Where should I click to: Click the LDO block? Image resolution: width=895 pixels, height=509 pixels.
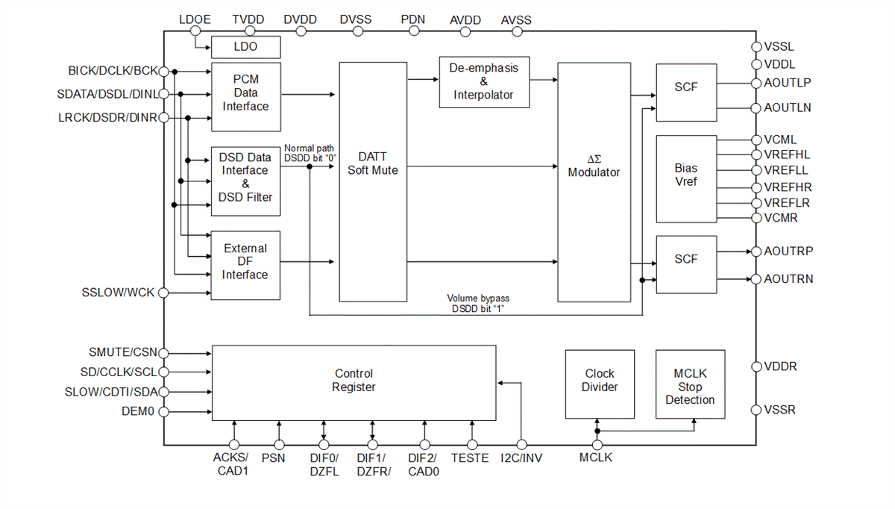pyautogui.click(x=245, y=47)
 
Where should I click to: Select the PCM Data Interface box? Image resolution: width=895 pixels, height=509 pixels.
pyautogui.click(x=245, y=93)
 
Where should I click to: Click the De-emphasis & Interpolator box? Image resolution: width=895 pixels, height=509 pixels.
pyautogui.click(x=483, y=82)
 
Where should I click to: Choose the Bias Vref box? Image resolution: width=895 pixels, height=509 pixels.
pyautogui.click(x=686, y=179)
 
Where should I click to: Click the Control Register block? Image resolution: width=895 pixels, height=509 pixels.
pyautogui.click(x=354, y=381)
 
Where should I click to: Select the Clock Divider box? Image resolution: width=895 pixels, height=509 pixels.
pyautogui.click(x=600, y=381)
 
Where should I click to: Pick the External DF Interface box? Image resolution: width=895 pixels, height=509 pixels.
pyautogui.click(x=245, y=262)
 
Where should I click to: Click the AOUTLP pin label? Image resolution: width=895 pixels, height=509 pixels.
pyautogui.click(x=788, y=83)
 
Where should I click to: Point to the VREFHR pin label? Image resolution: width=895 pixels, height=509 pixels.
pyautogui.click(x=788, y=187)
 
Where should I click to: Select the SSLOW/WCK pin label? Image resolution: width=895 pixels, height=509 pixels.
pyautogui.click(x=118, y=293)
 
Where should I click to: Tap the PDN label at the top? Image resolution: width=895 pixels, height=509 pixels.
pyautogui.click(x=412, y=19)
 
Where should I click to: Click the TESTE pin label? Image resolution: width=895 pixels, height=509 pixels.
pyautogui.click(x=471, y=458)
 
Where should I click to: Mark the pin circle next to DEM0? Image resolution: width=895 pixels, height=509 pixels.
pyautogui.click(x=163, y=411)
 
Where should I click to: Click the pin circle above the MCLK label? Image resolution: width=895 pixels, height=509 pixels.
pyautogui.click(x=597, y=446)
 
